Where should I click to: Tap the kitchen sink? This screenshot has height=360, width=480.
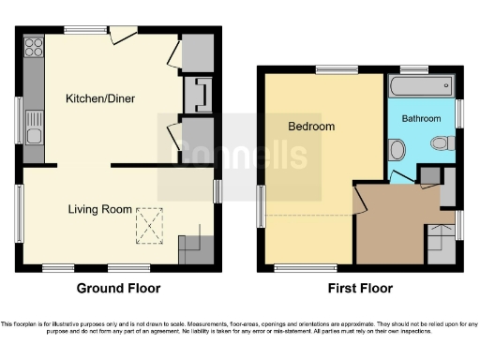point(34,125)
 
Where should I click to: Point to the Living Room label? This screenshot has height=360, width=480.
point(97,208)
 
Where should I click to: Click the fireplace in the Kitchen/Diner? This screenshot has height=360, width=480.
point(198,94)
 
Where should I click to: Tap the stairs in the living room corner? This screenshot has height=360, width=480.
point(194,246)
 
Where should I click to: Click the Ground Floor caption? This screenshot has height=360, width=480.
point(118,289)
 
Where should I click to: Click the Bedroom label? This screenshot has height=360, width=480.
point(310,126)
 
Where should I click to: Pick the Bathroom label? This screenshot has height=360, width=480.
point(421,119)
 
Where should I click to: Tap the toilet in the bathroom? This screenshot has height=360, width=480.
point(441,143)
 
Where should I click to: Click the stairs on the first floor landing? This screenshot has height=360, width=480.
point(438,244)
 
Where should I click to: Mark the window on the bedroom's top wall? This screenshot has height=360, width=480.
point(337,68)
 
